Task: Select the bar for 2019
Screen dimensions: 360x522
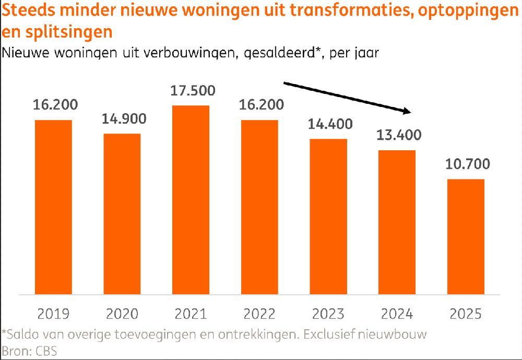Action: coord(53,207)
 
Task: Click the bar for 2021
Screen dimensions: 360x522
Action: coord(191,200)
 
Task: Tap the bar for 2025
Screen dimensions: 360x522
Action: coord(466,237)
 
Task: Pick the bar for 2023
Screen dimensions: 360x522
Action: coord(328,217)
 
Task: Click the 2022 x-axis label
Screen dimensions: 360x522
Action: coord(259,314)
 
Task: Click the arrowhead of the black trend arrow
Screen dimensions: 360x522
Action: coord(408,111)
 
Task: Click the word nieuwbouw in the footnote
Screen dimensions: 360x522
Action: coord(402,333)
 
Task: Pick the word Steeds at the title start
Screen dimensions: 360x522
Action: coord(26,12)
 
